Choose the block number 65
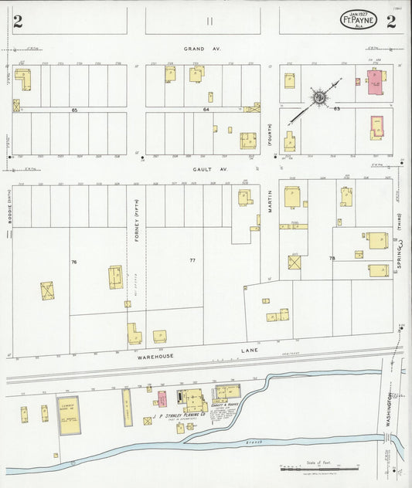(x=75, y=110)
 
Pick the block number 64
(x=206, y=110)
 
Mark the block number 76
(x=74, y=263)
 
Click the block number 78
(x=332, y=258)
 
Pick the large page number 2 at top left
(x=17, y=22)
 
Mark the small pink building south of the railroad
(x=162, y=398)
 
